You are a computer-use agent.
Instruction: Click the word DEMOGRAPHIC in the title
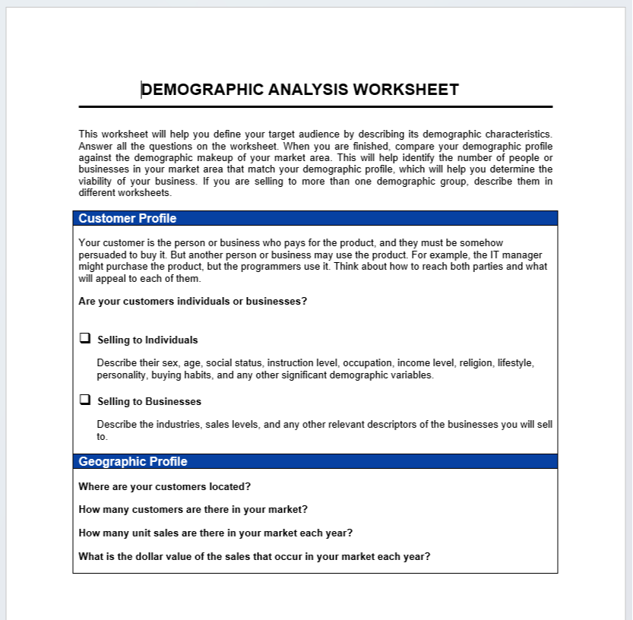203,90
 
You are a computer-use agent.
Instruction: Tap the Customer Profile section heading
128,219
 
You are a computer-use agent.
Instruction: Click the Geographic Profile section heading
133,462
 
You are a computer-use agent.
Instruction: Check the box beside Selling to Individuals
85,338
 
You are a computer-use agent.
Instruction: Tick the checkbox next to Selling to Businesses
85,400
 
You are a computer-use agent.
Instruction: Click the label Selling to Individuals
147,340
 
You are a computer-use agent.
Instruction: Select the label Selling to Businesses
149,401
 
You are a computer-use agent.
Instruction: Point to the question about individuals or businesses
193,301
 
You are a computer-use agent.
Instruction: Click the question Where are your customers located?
165,486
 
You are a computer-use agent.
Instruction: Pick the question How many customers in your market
193,510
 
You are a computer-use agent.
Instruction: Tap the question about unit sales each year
215,533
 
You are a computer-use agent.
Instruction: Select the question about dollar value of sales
255,556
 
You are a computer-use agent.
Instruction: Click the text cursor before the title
141,90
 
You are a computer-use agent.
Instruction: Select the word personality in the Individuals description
122,375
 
